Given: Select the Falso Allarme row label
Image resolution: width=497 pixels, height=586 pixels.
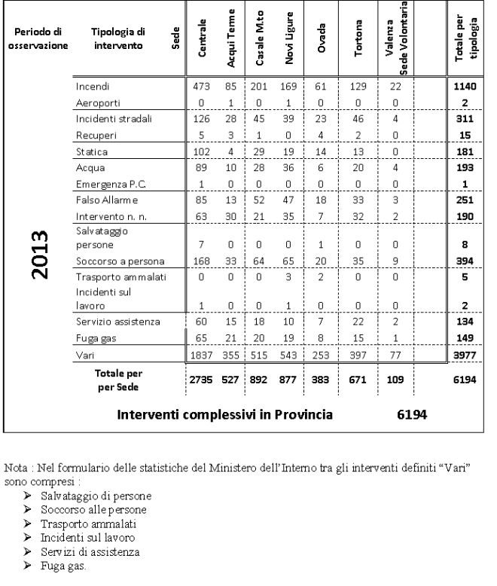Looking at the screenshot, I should coord(107,200).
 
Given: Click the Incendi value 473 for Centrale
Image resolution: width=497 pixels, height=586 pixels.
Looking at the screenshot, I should coord(201,87).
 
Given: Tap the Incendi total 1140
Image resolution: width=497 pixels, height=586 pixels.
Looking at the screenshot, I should coord(465,87).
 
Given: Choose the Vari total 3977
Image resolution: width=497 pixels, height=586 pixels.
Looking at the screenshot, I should coord(465,354).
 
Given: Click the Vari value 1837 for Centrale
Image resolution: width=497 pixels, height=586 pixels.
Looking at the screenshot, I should coord(201,354).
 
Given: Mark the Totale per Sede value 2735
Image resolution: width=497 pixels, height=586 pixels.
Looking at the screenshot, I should coord(201,380).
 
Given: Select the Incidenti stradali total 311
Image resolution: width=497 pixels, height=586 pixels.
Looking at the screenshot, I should coord(465,118).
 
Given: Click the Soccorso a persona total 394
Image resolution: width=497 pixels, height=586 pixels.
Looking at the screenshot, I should coord(465,261).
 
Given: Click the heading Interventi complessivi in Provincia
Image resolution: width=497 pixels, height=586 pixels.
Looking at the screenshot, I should coord(225,414).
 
